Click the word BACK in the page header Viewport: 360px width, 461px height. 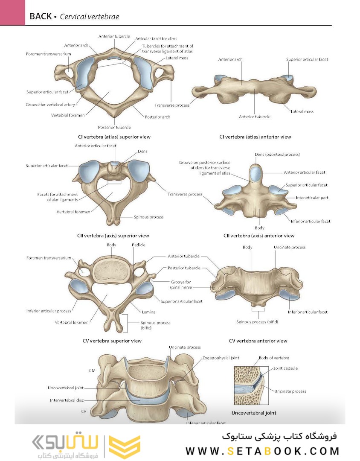pyautogui.click(x=40, y=17)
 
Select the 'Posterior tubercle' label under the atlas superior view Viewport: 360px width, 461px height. pyautogui.click(x=114, y=127)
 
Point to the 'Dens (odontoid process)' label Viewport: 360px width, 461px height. pyautogui.click(x=277, y=155)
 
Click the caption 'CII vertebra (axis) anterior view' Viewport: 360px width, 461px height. pyautogui.click(x=259, y=236)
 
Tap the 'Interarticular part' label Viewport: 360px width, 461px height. pyautogui.click(x=313, y=198)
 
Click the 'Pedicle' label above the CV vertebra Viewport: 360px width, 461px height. pyautogui.click(x=138, y=245)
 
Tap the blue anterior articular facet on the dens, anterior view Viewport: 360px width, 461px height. pyautogui.click(x=256, y=174)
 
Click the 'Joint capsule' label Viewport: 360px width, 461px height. pyautogui.click(x=285, y=368)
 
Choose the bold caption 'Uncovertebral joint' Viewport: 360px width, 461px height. pyautogui.click(x=254, y=413)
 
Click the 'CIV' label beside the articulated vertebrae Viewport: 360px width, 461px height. pyautogui.click(x=92, y=371)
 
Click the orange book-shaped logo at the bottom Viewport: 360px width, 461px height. pyautogui.click(x=125, y=447)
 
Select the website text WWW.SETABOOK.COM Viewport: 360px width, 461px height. pyautogui.click(x=262, y=451)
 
